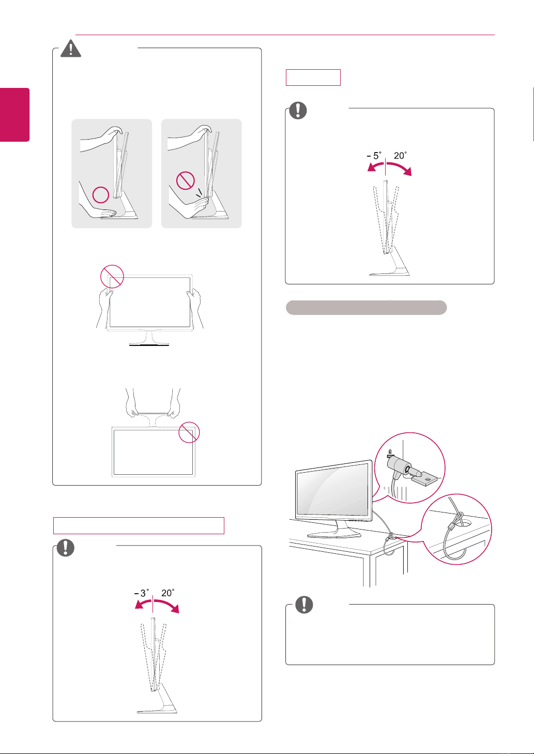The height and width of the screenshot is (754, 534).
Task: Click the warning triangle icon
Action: click(x=71, y=49)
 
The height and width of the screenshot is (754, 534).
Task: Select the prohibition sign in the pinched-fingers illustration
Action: click(x=186, y=180)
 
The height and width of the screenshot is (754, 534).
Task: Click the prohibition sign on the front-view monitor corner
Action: click(x=112, y=276)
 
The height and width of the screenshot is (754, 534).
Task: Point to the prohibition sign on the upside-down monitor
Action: click(x=189, y=432)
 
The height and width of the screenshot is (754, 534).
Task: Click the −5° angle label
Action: click(x=374, y=156)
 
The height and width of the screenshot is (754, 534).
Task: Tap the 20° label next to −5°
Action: click(x=400, y=156)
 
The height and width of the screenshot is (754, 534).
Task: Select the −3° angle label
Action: click(x=142, y=593)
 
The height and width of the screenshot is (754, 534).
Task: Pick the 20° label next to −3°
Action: click(x=167, y=593)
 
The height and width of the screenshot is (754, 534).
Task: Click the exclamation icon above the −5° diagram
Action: click(x=298, y=110)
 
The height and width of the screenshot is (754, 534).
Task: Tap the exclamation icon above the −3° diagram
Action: click(x=66, y=548)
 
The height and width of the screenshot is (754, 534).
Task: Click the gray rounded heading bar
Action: click(x=366, y=307)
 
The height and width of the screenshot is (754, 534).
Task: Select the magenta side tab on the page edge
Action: click(x=15, y=114)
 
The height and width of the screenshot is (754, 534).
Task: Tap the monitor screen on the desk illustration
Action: click(x=332, y=489)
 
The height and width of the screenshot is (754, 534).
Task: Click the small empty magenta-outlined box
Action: click(x=313, y=78)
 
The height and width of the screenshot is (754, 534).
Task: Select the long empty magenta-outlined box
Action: click(x=139, y=525)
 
